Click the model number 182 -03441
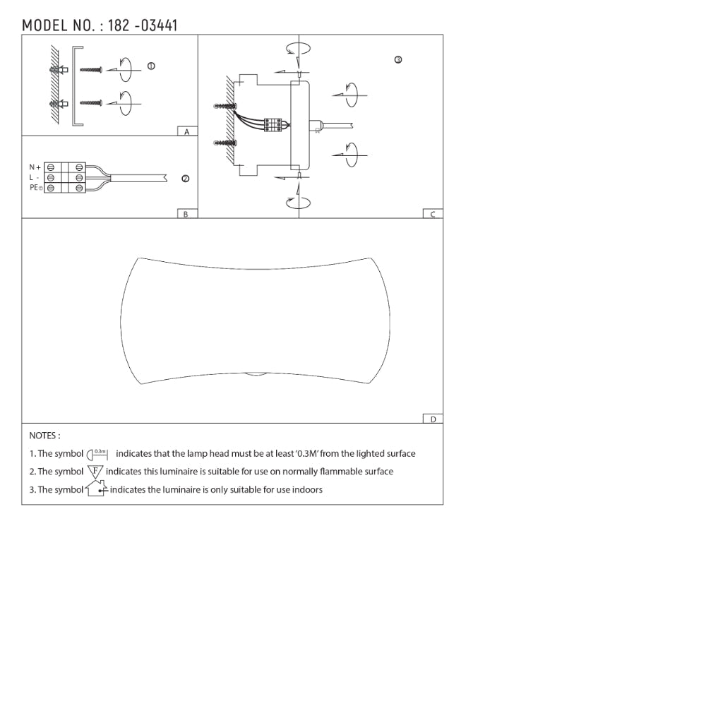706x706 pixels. pos(143,25)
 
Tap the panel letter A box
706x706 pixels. pos(187,131)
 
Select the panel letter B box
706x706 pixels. pos(187,214)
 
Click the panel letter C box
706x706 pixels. pos(433,214)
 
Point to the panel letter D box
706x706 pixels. pos(433,419)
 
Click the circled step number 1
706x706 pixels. pos(151,66)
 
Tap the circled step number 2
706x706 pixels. pos(185,179)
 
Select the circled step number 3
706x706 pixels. pos(398,59)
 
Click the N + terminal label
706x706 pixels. pos(35,167)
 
